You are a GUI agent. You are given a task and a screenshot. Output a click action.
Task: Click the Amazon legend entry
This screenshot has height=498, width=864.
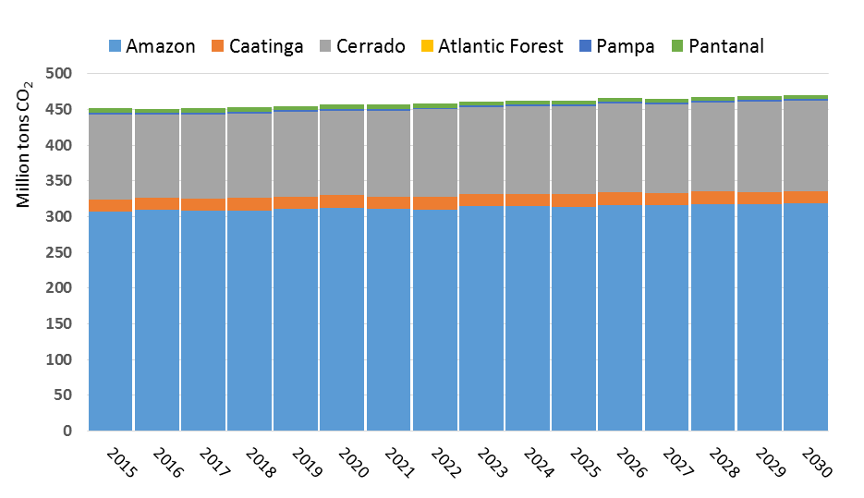pyautogui.click(x=152, y=46)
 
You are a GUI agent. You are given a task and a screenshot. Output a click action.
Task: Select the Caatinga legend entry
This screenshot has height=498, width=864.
pyautogui.click(x=259, y=46)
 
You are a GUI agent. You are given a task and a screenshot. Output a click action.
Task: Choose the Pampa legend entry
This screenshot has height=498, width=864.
pyautogui.click(x=616, y=46)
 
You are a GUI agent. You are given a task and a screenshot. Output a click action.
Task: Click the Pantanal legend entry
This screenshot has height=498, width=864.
pyautogui.click(x=717, y=46)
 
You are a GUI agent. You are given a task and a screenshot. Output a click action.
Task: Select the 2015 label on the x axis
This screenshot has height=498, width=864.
pyautogui.click(x=120, y=463)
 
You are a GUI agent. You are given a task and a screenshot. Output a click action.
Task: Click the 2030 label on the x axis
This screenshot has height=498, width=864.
pyautogui.click(x=816, y=463)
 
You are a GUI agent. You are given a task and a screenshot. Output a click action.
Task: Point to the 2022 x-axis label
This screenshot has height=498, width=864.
pyautogui.click(x=445, y=463)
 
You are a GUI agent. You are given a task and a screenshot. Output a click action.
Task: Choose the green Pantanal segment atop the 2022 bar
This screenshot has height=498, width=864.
pyautogui.click(x=435, y=106)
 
